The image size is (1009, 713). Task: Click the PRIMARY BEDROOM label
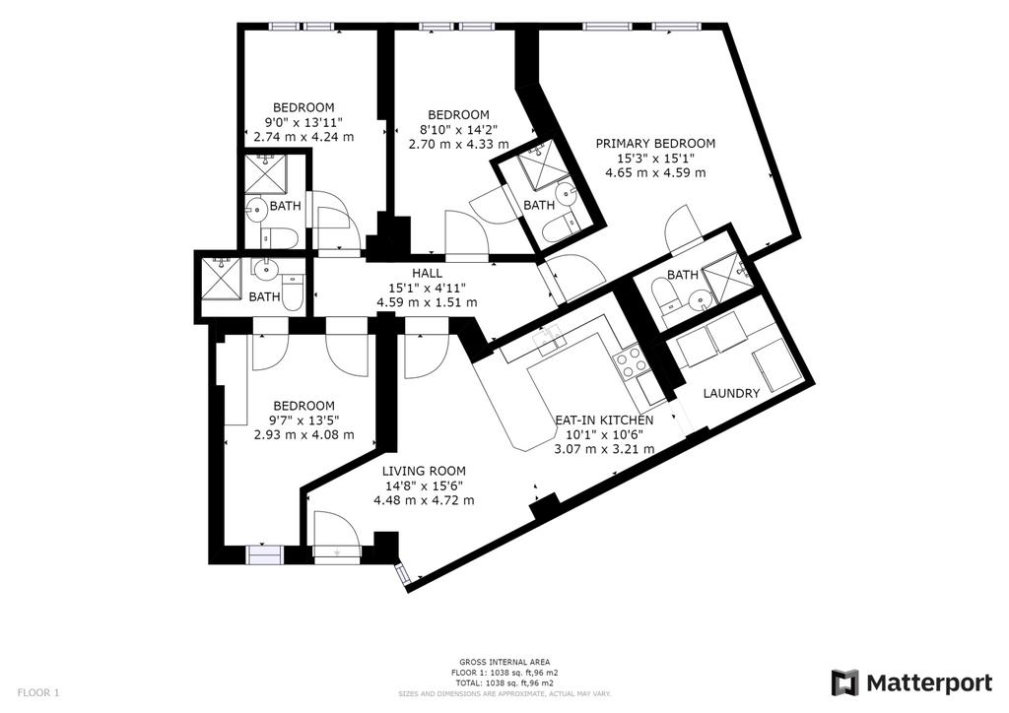[x=655, y=144]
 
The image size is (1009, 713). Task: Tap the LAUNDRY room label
[x=731, y=394]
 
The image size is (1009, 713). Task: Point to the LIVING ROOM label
[x=424, y=471]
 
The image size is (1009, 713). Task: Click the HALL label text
[x=427, y=273]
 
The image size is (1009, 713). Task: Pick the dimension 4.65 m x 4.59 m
[x=655, y=173]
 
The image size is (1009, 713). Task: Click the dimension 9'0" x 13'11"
[x=303, y=122]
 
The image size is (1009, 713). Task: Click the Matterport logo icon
[x=844, y=682]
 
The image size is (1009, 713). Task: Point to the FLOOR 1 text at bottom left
[x=38, y=692]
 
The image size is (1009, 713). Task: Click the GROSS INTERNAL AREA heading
[x=504, y=662]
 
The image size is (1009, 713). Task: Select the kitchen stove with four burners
[x=631, y=364]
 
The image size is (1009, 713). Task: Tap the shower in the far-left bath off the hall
[x=222, y=277]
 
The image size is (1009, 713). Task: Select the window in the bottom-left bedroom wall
[x=264, y=555]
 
